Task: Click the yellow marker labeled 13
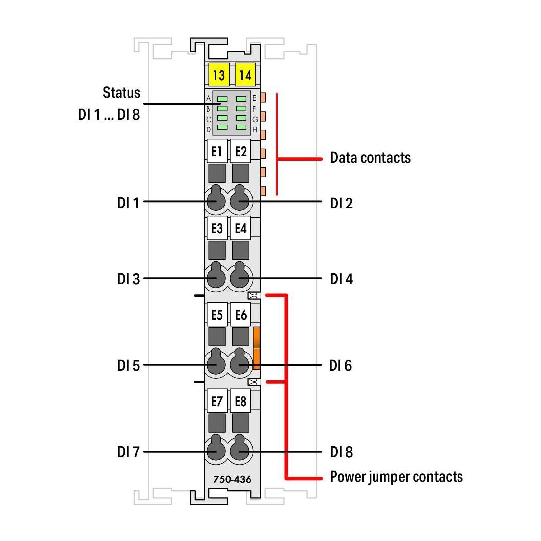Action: [x=219, y=75]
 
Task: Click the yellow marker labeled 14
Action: [x=246, y=75]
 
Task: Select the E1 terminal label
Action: [x=217, y=151]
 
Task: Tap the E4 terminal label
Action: [x=241, y=228]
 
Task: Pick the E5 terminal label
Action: [x=217, y=314]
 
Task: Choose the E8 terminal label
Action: [x=241, y=401]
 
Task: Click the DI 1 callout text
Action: [x=128, y=203]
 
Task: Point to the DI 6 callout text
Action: [x=340, y=366]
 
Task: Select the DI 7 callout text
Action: [x=128, y=452]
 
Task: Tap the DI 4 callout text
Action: [x=341, y=279]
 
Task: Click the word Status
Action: [x=122, y=92]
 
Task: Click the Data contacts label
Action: [x=370, y=157]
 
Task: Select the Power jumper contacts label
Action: [x=396, y=477]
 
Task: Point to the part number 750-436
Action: [x=232, y=479]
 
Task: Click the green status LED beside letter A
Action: [x=222, y=99]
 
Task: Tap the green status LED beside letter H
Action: [x=241, y=127]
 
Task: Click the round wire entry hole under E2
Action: [x=240, y=199]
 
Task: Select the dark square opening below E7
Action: [x=217, y=423]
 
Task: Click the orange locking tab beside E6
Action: [x=257, y=348]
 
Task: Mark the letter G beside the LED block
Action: [x=255, y=120]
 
